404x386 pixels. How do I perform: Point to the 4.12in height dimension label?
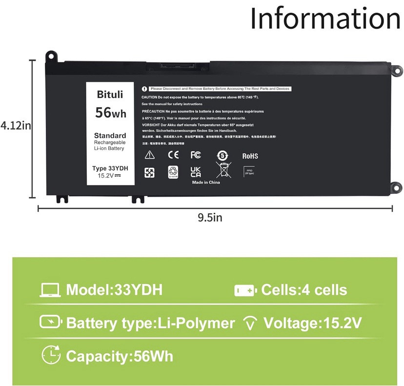click(16, 125)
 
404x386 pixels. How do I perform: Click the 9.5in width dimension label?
click(210, 218)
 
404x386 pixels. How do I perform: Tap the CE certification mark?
click(173, 155)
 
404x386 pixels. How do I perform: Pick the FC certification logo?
click(196, 155)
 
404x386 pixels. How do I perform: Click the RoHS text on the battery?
click(250, 156)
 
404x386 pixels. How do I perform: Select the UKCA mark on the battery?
click(196, 171)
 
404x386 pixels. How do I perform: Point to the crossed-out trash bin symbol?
click(223, 171)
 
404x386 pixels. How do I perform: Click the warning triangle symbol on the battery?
click(149, 155)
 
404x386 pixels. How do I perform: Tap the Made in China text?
click(205, 183)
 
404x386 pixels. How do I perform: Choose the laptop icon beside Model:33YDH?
click(50, 290)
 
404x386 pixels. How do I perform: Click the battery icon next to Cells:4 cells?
click(245, 290)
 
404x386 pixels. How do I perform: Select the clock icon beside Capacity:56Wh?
click(51, 354)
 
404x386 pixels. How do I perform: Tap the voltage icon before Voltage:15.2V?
click(250, 323)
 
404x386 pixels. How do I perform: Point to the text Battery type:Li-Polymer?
click(150, 323)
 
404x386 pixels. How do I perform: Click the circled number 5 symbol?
click(222, 156)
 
